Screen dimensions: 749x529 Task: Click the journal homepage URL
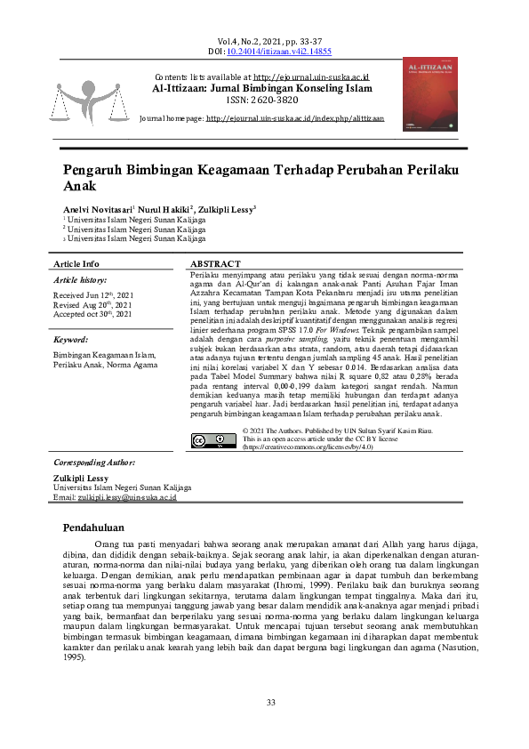pyautogui.click(x=295, y=118)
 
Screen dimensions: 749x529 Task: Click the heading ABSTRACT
pyautogui.click(x=215, y=264)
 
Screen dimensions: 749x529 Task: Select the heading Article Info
pyautogui.click(x=76, y=264)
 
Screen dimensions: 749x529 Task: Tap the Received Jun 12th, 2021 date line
pyautogui.click(x=93, y=294)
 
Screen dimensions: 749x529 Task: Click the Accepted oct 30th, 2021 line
pyautogui.click(x=92, y=314)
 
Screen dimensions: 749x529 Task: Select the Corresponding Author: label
pyautogui.click(x=94, y=463)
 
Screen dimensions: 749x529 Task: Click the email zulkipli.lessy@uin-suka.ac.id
pyautogui.click(x=128, y=498)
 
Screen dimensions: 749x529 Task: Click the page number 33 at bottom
pyautogui.click(x=271, y=703)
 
